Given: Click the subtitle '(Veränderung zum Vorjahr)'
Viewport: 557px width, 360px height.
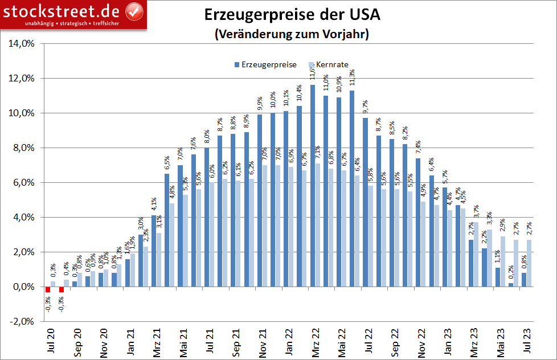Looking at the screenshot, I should click(292, 34).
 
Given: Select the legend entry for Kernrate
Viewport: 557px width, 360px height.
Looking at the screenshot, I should click(327, 65).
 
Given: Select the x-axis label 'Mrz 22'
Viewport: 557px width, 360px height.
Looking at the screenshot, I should click(314, 341).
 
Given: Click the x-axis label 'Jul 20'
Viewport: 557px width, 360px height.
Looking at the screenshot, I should click(50, 341).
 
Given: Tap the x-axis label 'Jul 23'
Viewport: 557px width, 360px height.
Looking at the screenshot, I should click(526, 341).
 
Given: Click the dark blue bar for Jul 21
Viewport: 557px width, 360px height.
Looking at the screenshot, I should click(207, 217).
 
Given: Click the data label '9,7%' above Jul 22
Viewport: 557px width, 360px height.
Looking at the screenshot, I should click(366, 108).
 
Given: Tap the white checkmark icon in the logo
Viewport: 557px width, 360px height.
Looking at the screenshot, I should click(134, 11).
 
